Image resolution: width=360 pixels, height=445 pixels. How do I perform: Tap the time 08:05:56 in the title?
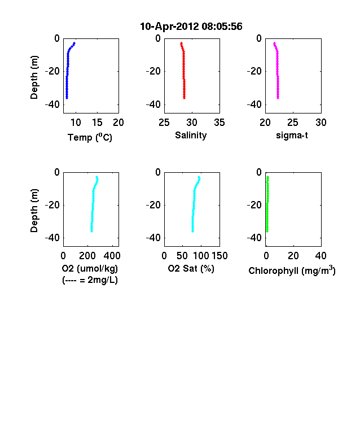click(222, 27)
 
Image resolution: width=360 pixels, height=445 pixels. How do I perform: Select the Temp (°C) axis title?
click(90, 137)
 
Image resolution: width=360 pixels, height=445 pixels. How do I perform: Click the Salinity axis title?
click(191, 136)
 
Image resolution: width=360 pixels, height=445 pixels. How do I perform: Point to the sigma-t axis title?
click(292, 136)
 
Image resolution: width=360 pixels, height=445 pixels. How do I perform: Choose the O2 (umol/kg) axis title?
click(90, 268)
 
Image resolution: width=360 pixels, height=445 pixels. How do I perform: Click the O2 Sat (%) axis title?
click(191, 268)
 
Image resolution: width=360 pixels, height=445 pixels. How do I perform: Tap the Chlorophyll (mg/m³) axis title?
click(292, 271)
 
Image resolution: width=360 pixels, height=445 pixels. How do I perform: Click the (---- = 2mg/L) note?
click(90, 280)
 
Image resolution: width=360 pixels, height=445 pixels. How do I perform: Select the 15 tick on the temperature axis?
click(97, 123)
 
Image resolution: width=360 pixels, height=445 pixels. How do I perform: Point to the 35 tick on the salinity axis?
click(219, 123)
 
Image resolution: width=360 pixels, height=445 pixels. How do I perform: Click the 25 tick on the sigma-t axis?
click(293, 123)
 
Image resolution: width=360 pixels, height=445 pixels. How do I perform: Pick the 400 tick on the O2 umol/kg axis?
click(112, 256)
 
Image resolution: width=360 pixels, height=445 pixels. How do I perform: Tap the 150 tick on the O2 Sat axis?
click(219, 256)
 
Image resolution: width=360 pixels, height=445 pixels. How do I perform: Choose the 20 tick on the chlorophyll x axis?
click(293, 256)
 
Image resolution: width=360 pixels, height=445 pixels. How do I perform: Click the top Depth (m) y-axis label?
click(34, 77)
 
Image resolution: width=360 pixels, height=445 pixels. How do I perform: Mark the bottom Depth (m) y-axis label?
click(34, 211)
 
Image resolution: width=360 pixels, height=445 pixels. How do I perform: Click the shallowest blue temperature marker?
click(74, 43)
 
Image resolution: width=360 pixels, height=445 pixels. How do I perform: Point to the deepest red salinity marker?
click(185, 98)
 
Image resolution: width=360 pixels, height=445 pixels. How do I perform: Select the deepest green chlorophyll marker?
click(267, 232)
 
